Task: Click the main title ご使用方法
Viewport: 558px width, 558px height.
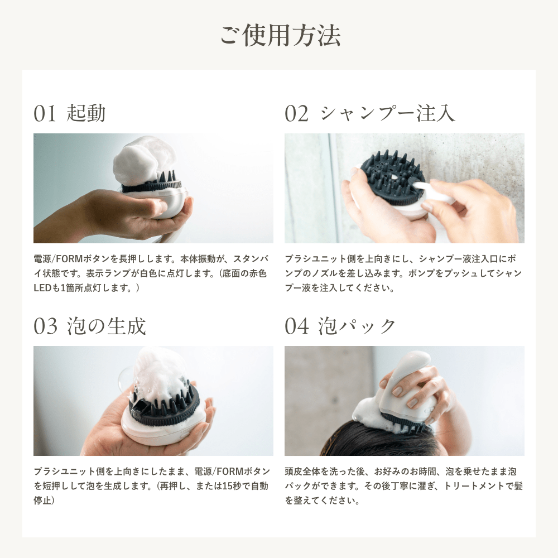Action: pyautogui.click(x=280, y=35)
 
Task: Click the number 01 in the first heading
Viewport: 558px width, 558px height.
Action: pyautogui.click(x=45, y=113)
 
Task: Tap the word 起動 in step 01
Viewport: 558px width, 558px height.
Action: pyautogui.click(x=85, y=113)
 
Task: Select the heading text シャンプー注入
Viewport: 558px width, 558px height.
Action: pyautogui.click(x=388, y=113)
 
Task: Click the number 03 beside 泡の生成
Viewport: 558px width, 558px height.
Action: pyautogui.click(x=45, y=326)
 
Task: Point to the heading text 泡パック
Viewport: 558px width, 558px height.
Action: pyautogui.click(x=357, y=326)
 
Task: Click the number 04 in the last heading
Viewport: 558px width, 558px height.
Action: pyautogui.click(x=296, y=326)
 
